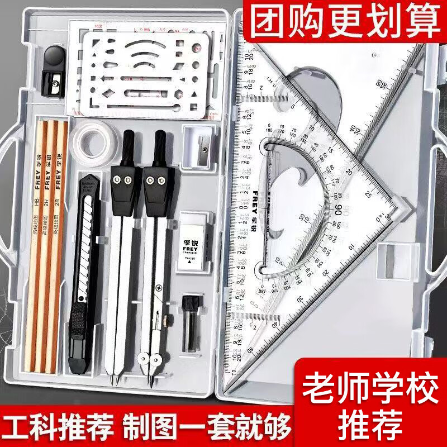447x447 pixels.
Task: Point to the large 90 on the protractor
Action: [x=339, y=210]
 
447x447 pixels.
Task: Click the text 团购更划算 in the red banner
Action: [x=344, y=21]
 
